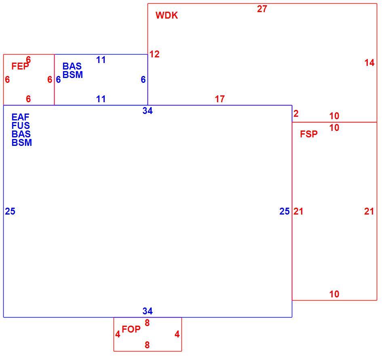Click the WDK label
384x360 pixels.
[167, 15]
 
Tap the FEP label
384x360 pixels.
[20, 66]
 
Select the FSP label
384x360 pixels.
[308, 134]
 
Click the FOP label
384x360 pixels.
[131, 329]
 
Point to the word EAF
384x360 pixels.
[20, 117]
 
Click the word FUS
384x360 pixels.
[21, 126]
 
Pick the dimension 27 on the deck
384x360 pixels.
[262, 9]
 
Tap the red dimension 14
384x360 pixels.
[369, 63]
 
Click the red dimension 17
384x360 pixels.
[219, 99]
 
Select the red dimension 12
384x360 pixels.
[154, 54]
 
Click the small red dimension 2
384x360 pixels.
[296, 114]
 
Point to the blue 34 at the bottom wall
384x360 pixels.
[148, 311]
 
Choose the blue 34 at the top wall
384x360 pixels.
[148, 111]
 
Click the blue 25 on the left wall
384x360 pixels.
[10, 211]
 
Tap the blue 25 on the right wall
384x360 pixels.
[284, 211]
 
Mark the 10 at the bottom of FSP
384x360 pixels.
[334, 294]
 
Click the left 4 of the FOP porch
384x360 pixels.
[118, 334]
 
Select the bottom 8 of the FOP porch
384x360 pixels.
[147, 345]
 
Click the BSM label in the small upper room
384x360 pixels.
[72, 75]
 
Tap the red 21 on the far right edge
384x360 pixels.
[369, 211]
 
